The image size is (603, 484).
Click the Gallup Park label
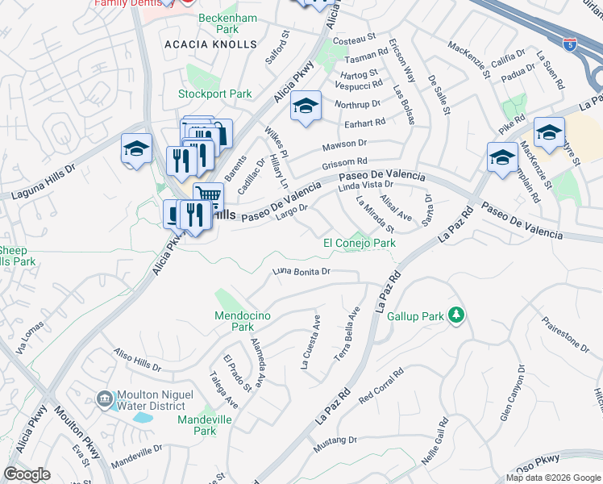[x=415, y=317]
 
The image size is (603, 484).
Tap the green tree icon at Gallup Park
[x=455, y=314]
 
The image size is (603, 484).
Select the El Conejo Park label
[x=359, y=243]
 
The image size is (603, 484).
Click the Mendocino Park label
[x=235, y=321]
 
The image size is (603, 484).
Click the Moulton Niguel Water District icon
[x=104, y=399]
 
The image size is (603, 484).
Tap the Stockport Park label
[x=215, y=94]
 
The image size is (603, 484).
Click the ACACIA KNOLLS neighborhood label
[x=210, y=44]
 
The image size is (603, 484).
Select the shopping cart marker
[x=209, y=195]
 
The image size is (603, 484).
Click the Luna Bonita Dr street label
[x=302, y=272]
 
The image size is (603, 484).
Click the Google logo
[x=27, y=474]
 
